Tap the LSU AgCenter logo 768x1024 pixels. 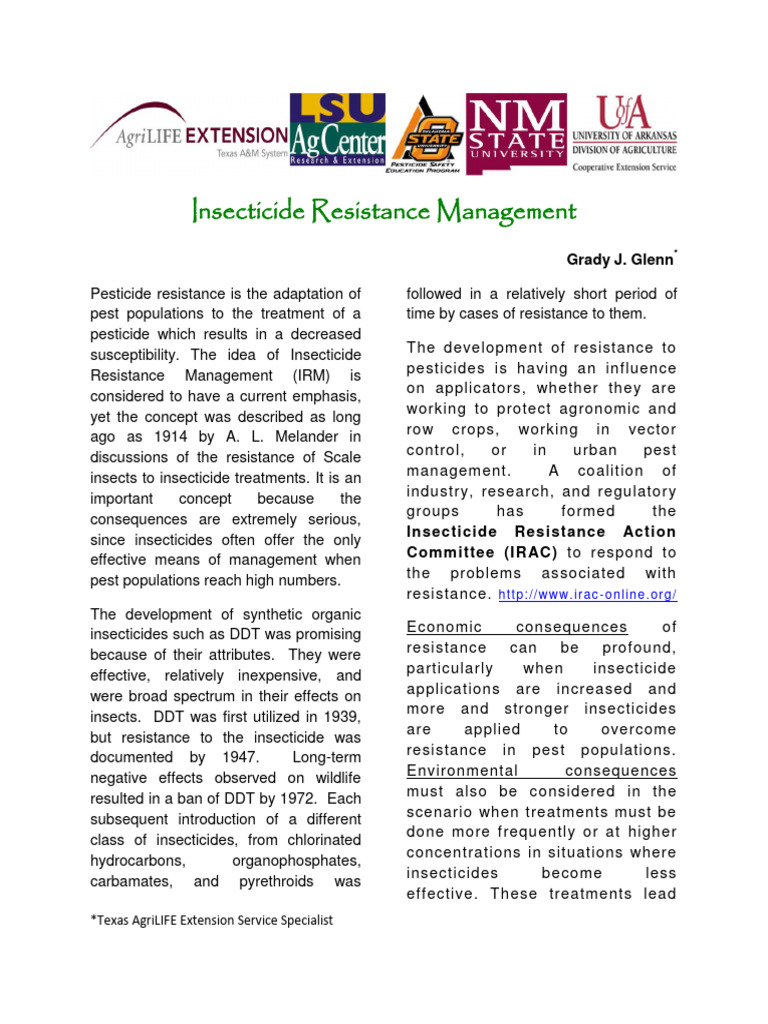[337, 133]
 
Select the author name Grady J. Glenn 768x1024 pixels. [620, 260]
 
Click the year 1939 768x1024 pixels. [340, 717]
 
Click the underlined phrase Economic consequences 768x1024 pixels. [516, 627]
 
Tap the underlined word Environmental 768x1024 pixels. [461, 771]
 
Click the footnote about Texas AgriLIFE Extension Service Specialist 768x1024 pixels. [211, 920]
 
